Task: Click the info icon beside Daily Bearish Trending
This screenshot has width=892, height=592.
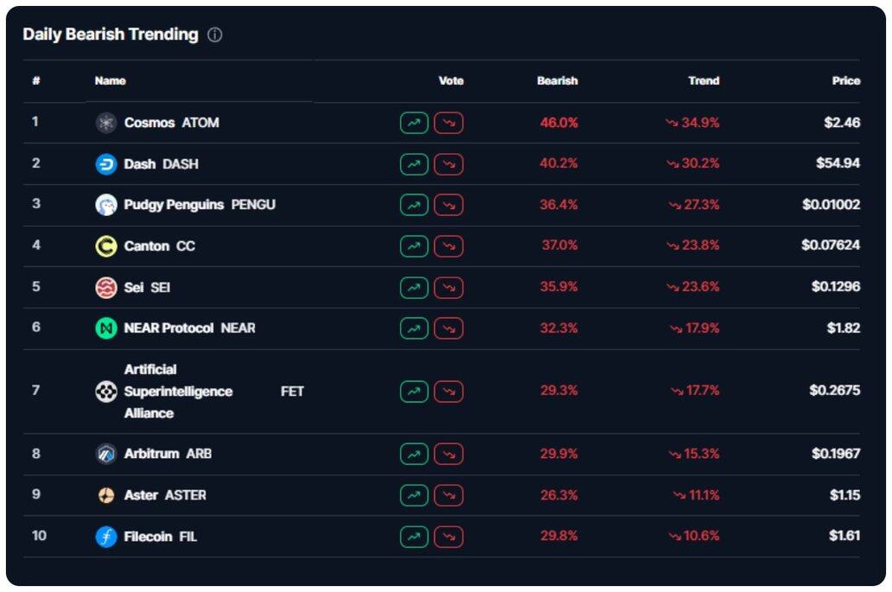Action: coord(215,35)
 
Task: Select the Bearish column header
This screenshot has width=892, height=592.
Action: coord(557,80)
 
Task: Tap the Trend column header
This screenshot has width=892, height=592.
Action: coord(703,80)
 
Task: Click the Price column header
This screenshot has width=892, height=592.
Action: coord(845,80)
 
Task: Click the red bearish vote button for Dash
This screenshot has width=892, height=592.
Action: coord(449,164)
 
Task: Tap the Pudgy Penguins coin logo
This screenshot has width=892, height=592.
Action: coord(105,205)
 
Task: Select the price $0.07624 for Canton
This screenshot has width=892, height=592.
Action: coord(830,245)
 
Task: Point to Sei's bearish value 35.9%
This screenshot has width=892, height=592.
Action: coord(558,287)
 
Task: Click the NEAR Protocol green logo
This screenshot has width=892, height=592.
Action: coord(105,328)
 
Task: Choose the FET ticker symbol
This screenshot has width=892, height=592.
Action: coord(292,391)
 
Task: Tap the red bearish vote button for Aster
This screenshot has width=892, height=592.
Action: coord(449,495)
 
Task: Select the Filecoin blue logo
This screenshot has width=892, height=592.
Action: coord(105,537)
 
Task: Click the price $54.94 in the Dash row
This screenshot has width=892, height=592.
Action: coord(838,163)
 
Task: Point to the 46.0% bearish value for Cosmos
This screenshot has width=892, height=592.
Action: coord(558,123)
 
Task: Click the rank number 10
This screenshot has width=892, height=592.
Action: coord(39,536)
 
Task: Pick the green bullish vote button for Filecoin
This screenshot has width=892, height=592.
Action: coord(414,537)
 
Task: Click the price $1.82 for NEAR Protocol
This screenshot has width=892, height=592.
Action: coord(844,328)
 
